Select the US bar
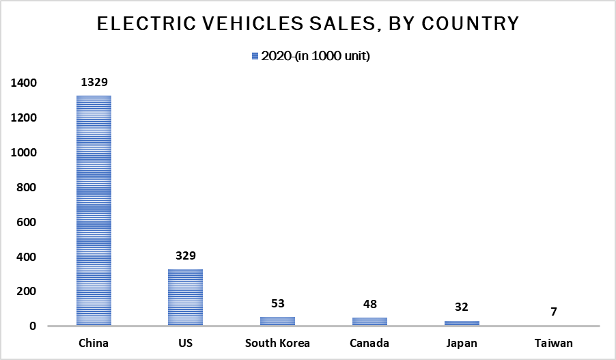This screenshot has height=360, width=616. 186,297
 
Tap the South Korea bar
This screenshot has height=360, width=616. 277,321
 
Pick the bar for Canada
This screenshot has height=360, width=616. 369,322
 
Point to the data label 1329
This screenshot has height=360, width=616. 94,83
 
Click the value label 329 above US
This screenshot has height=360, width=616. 186,256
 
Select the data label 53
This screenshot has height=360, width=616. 277,304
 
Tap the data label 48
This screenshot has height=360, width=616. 369,305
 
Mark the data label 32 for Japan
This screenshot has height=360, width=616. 462,307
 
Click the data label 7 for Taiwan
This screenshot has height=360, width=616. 554,312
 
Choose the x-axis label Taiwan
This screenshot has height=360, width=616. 554,342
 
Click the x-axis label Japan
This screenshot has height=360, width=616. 462,342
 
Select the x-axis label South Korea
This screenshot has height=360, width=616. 277,342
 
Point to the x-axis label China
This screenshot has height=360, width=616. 94,342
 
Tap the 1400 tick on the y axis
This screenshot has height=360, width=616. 23,83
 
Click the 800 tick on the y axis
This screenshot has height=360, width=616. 27,187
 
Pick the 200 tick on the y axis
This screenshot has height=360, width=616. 27,292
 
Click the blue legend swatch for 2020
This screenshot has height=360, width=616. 255,57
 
